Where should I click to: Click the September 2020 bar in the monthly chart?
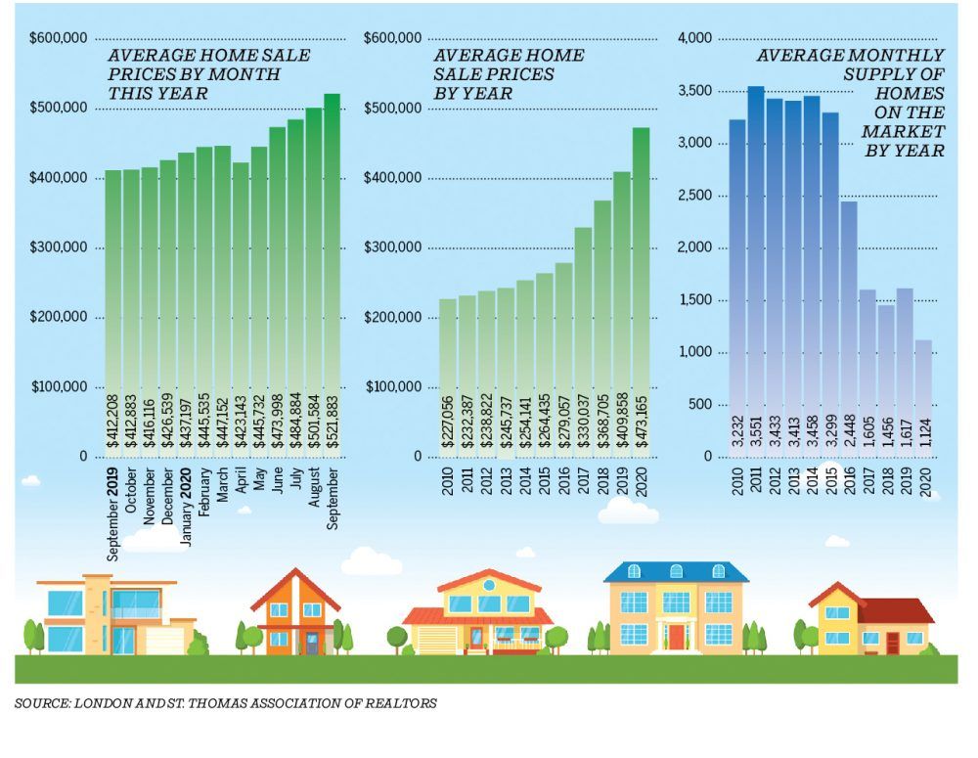[332, 274]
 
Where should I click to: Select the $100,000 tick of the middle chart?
[393, 387]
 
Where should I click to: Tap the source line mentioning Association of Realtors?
[226, 702]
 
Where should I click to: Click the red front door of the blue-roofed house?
[676, 637]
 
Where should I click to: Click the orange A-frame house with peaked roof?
[296, 611]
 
